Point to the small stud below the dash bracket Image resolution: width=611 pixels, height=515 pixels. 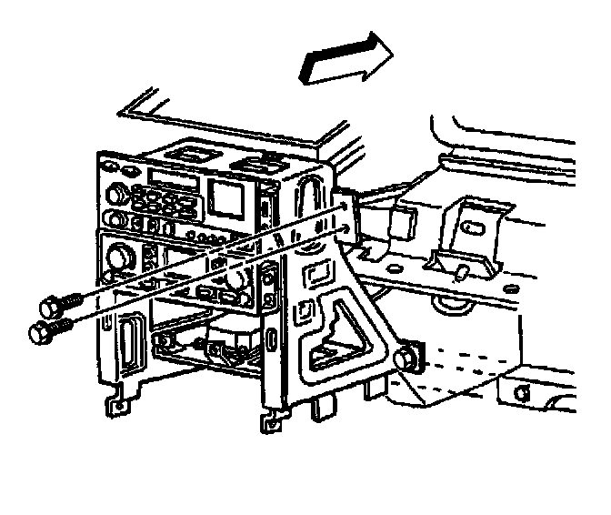coord(461,270)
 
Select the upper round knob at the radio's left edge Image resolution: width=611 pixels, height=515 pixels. coord(117,192)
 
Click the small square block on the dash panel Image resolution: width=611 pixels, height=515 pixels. coord(403,218)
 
